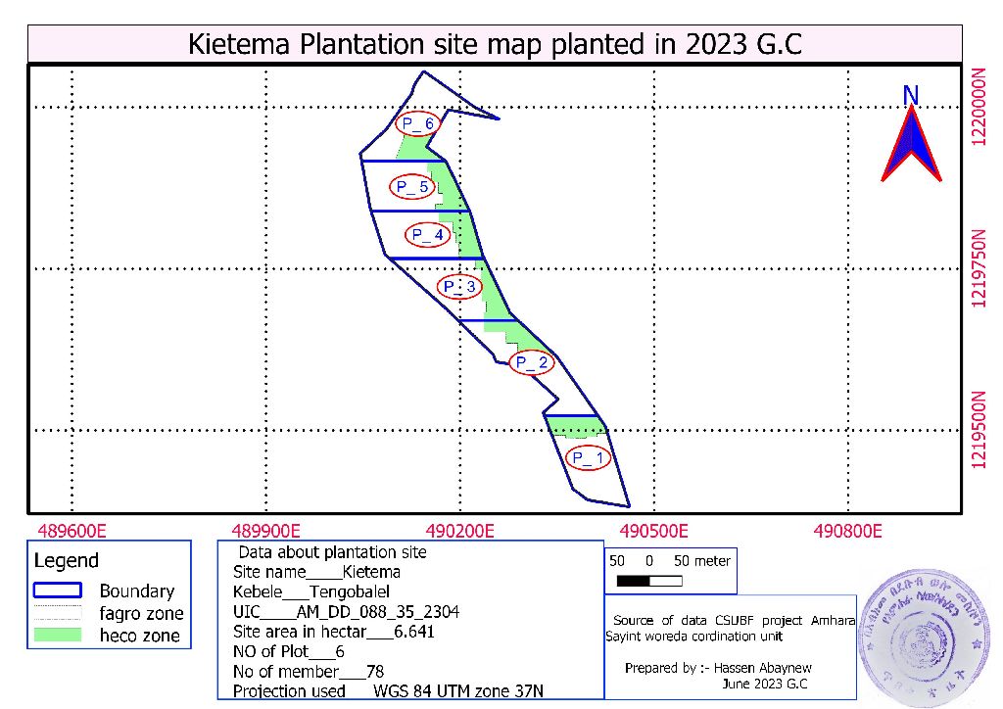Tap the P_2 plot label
(532, 363)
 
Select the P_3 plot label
(459, 287)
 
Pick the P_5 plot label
(410, 187)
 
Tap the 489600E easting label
(72, 531)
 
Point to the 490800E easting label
(848, 531)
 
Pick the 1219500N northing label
(978, 431)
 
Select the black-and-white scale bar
(649, 582)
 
